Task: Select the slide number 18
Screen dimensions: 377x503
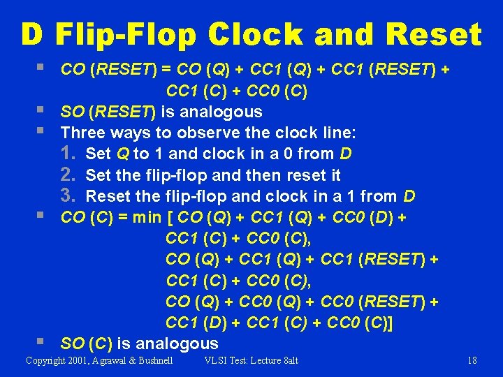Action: coord(472,360)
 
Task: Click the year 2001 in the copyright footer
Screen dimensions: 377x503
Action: coord(75,360)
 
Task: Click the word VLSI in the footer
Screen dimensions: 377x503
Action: coord(216,360)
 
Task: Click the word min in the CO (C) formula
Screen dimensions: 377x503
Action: coord(147,217)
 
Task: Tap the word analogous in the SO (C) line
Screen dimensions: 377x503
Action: coord(177,343)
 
